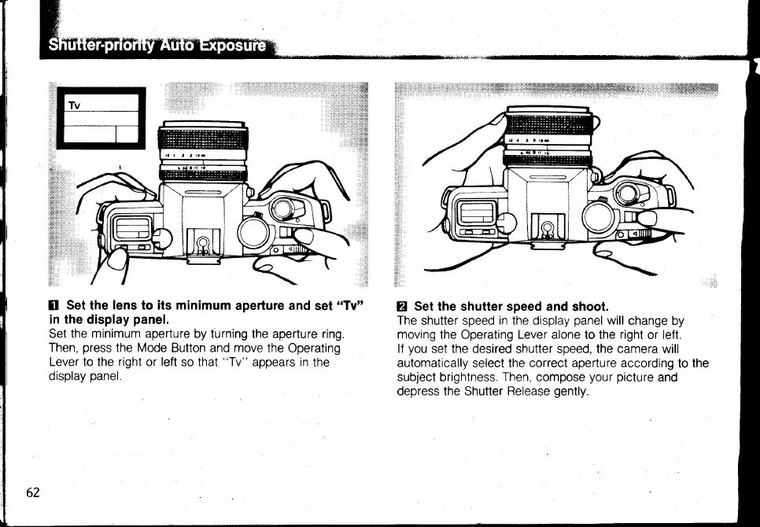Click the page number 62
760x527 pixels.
32,492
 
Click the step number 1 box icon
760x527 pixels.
54,305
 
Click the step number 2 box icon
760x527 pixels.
403,306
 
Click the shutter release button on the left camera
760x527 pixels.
281,208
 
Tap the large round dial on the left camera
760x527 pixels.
255,233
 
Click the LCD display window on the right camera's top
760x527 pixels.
478,212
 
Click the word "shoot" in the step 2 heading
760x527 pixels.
590,306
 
